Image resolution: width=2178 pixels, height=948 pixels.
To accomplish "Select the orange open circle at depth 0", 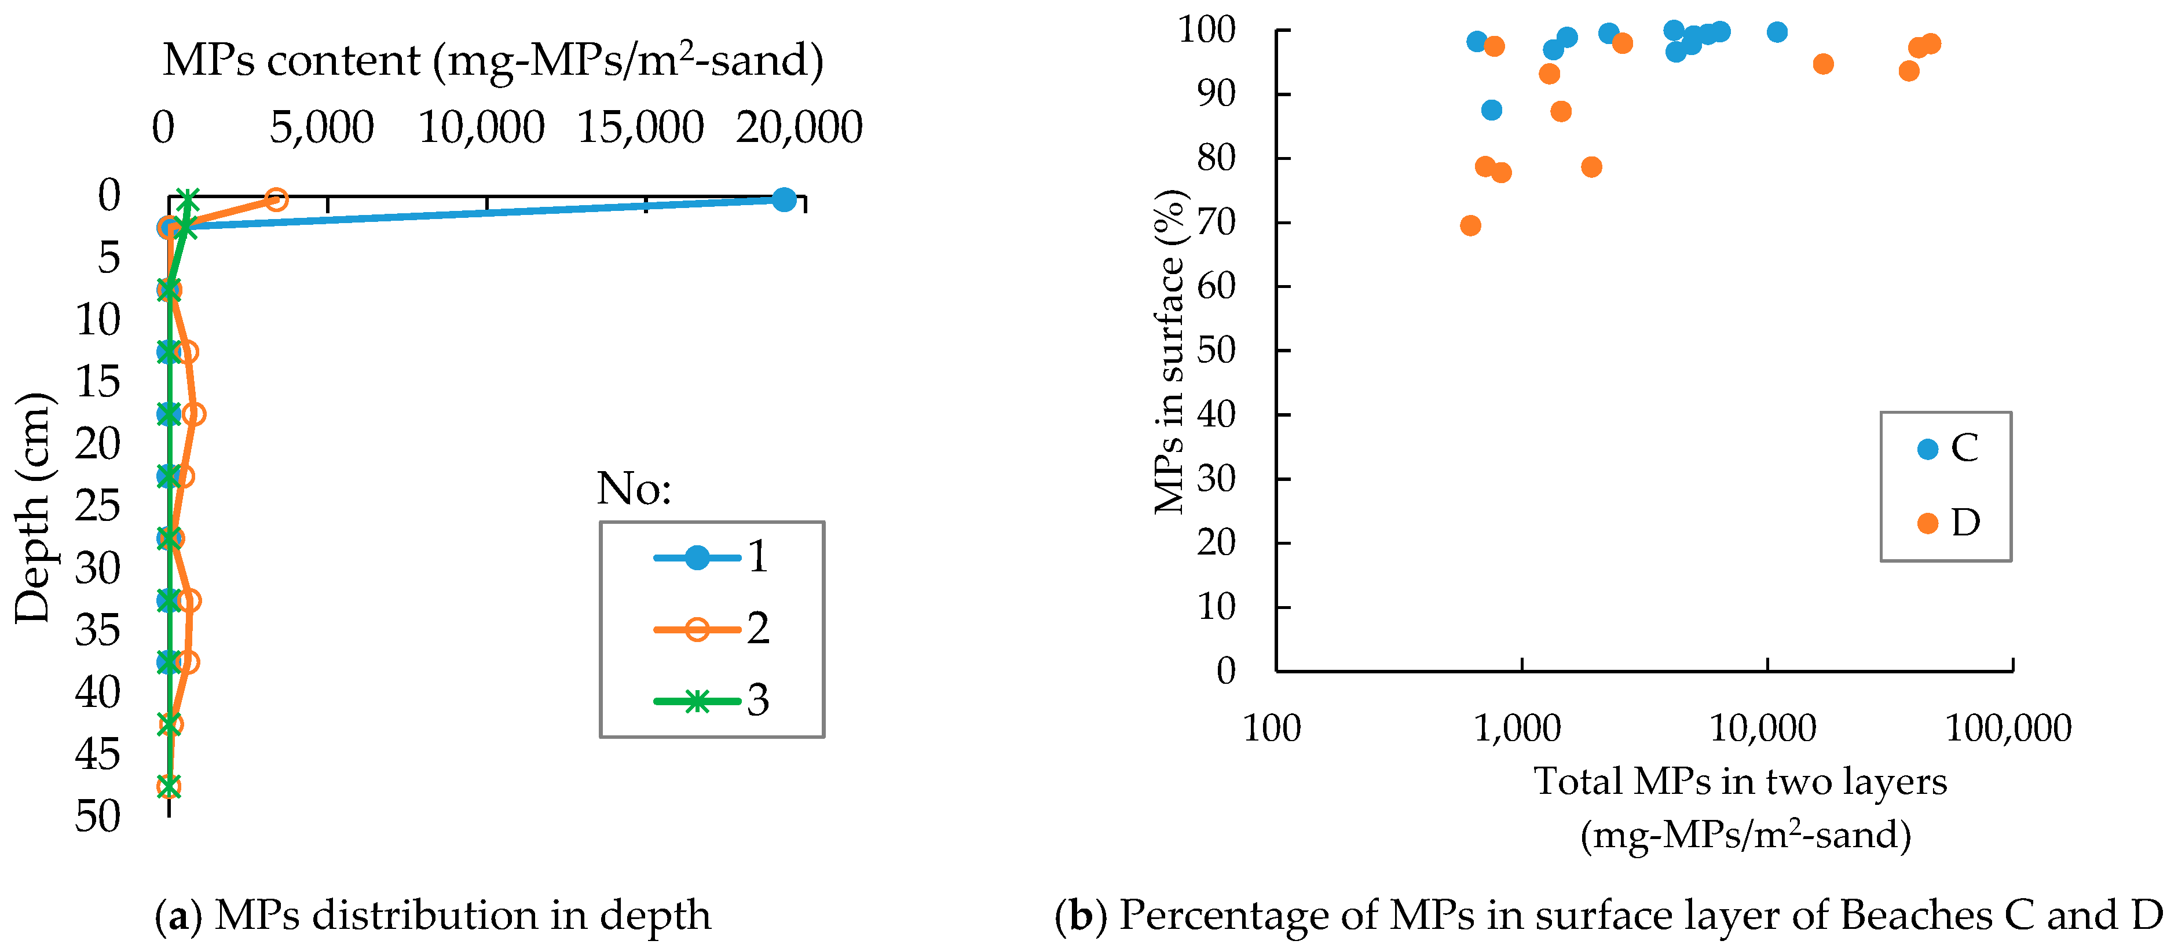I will tap(276, 199).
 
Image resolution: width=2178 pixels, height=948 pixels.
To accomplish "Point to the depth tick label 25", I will tap(97, 506).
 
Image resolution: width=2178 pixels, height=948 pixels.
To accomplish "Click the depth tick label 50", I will tap(97, 816).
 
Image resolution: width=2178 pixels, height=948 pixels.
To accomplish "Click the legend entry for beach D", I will tap(1948, 523).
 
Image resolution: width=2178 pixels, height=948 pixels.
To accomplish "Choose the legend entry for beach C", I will tap(1948, 448).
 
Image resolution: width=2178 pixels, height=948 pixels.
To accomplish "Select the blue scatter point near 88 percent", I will tap(1491, 110).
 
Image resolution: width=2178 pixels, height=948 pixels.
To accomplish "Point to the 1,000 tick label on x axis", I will tap(1518, 728).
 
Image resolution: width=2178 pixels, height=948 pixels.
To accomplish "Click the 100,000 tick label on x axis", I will tap(2009, 728).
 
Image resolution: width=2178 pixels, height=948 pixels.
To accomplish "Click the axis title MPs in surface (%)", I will tap(1170, 352).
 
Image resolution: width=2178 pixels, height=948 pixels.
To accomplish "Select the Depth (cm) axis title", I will tap(34, 508).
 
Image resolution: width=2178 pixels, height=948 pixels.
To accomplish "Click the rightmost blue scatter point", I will tap(1777, 32).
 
